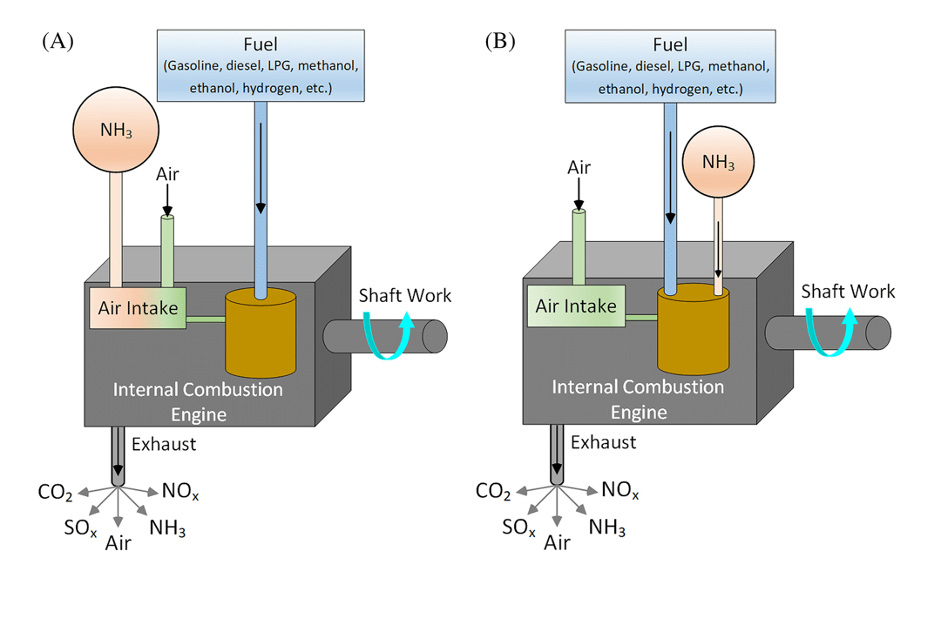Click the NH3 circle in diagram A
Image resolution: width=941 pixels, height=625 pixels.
[x=111, y=131]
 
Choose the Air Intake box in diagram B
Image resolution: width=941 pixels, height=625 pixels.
[x=576, y=306]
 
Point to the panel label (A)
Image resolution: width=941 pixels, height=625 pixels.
[x=58, y=41]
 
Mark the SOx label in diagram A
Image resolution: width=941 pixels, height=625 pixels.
[x=79, y=528]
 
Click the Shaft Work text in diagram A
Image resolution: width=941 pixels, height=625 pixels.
[x=406, y=295]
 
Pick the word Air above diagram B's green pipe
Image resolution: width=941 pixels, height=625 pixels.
[x=579, y=167]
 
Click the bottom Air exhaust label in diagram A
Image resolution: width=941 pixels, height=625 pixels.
[x=118, y=543]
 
